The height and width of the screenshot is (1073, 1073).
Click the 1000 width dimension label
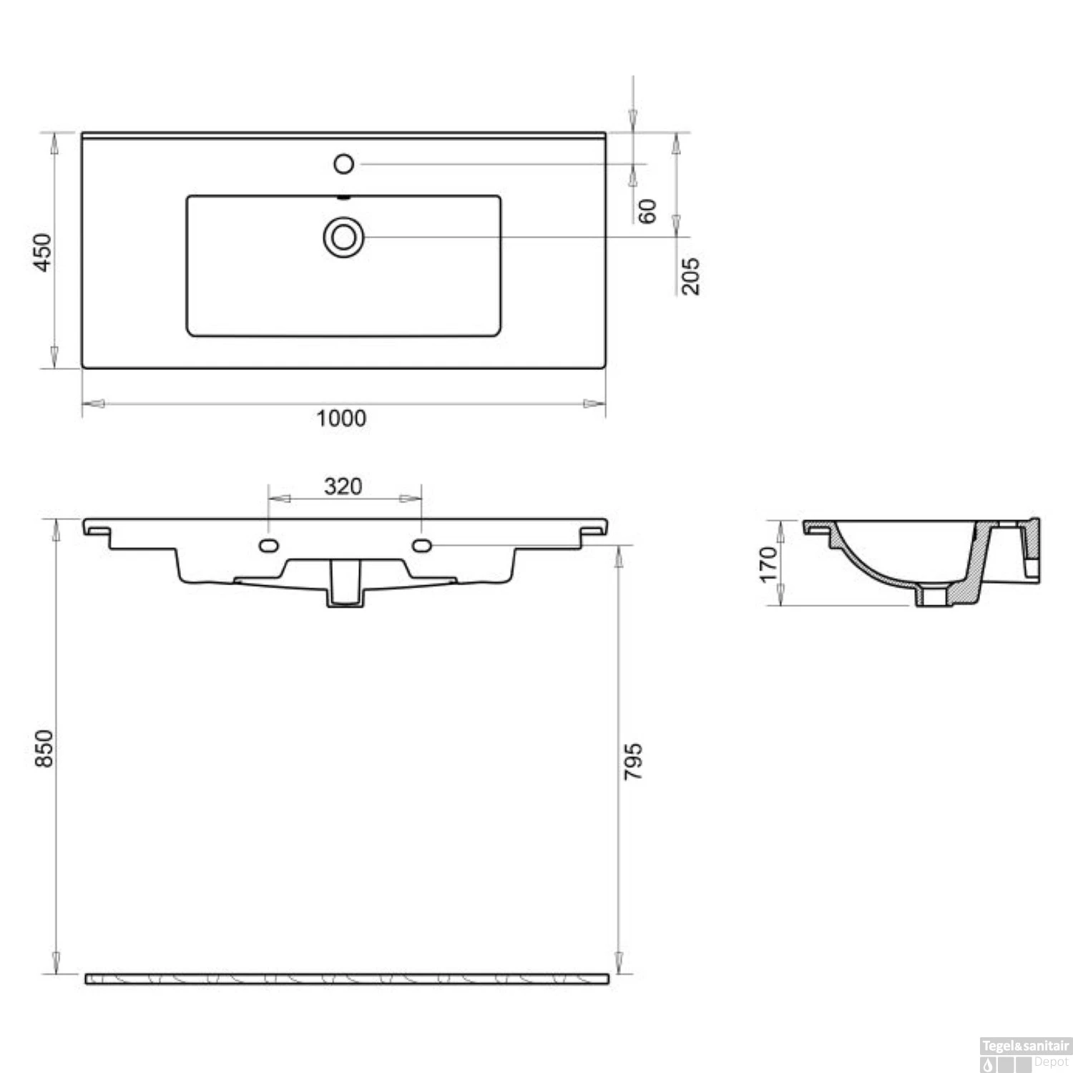pos(341,418)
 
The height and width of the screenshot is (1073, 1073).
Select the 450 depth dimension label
pos(43,252)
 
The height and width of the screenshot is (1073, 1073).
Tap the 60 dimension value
pos(647,211)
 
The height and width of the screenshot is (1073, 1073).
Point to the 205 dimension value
pos(690,275)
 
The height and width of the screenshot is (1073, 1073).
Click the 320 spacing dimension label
pos(343,486)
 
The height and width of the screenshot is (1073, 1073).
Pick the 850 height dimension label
pos(44,748)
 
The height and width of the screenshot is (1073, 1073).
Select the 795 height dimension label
pos(633,761)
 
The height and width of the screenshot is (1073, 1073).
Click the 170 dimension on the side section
pos(768,564)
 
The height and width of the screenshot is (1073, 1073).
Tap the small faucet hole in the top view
pos(343,164)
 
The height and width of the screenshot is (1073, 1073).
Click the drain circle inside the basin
pos(343,237)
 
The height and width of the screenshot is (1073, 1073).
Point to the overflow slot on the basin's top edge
pos(343,197)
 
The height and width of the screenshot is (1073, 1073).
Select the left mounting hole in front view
pos(268,546)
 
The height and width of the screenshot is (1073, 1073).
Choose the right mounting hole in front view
pos(421,546)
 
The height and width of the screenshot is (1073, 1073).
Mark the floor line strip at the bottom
pos(347,978)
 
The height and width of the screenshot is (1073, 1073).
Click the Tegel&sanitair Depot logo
pos(1024,1054)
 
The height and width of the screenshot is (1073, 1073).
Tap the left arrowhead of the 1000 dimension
pos(93,403)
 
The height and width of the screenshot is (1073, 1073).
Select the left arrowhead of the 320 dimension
pos(278,499)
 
